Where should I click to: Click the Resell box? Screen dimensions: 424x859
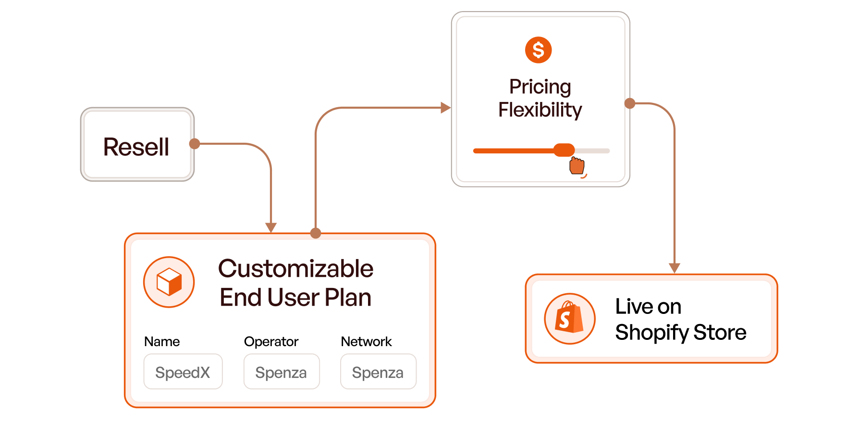point(137,144)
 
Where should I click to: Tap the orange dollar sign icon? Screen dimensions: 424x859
point(538,50)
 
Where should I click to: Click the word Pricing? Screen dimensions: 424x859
point(540,87)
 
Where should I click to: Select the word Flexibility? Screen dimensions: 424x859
point(540,110)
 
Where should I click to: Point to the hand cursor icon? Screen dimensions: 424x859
point(577,166)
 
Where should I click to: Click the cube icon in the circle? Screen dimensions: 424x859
point(169,282)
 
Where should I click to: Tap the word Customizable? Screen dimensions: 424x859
point(295,268)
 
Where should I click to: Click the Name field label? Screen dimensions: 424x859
point(162,342)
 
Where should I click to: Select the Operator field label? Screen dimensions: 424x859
point(271,342)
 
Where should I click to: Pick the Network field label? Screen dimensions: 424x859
point(366,342)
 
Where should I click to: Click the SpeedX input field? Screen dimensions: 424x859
point(183,372)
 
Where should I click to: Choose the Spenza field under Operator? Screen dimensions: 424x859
point(282,372)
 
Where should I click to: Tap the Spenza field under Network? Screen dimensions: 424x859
point(378,372)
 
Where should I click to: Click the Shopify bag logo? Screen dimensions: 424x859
point(569,318)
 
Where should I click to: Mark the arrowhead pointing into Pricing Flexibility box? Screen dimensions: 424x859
point(445,108)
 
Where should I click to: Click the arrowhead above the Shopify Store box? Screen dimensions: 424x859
point(675,268)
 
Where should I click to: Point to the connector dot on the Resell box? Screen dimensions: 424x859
point(195,144)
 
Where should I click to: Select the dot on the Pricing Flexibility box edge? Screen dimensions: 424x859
point(630,103)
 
